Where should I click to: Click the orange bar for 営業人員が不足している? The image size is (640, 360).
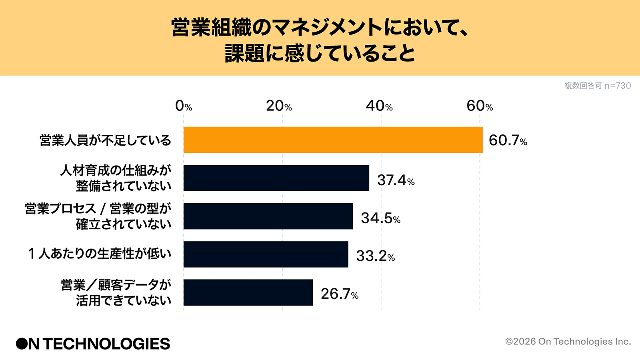click(333, 140)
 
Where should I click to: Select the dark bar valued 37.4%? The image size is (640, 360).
click(276, 178)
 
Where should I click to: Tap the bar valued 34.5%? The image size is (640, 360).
click(268, 216)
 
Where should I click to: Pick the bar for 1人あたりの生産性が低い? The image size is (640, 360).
click(266, 254)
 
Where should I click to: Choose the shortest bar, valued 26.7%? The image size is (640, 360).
click(248, 292)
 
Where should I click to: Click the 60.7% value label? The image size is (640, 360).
click(508, 140)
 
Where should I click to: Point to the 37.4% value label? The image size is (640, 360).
click(396, 180)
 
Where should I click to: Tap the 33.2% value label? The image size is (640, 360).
click(375, 256)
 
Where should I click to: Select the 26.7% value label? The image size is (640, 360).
click(339, 294)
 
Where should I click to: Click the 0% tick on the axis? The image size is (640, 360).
click(184, 106)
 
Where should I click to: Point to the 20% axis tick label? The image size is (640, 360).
click(279, 106)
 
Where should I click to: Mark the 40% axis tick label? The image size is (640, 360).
click(379, 106)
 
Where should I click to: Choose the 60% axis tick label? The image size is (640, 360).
click(480, 106)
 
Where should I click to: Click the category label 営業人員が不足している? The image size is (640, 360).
click(105, 140)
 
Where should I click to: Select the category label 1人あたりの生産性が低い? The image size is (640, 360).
click(100, 254)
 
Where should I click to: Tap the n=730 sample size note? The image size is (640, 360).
click(618, 86)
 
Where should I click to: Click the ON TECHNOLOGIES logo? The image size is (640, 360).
click(93, 344)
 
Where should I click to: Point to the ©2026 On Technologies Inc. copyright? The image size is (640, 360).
click(568, 342)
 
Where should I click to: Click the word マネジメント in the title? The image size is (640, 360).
click(328, 27)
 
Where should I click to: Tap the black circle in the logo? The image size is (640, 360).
click(22, 344)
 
